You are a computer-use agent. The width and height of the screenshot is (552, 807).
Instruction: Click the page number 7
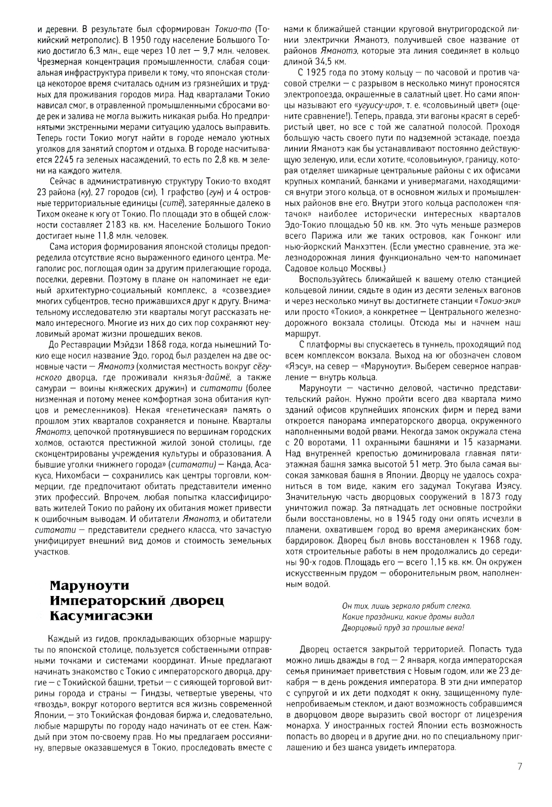[x=519, y=766]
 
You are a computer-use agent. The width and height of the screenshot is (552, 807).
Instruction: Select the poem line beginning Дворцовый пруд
[x=403, y=627]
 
